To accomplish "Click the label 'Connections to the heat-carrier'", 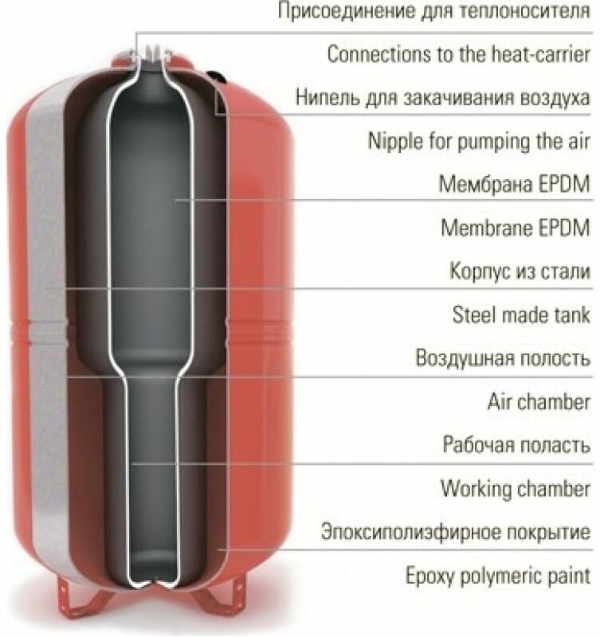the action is [x=458, y=55].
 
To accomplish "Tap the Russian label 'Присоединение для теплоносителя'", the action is [x=435, y=12].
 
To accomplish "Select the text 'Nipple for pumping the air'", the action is [x=478, y=141].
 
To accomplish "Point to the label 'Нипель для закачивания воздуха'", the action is [x=443, y=98].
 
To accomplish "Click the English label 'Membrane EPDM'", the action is [x=515, y=229].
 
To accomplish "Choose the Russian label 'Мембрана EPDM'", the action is [x=514, y=185].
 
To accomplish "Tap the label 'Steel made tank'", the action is [x=521, y=315].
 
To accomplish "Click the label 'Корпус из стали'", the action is [x=520, y=272].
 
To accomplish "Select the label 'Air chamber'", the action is [x=539, y=401].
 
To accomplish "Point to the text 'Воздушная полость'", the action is [x=502, y=358].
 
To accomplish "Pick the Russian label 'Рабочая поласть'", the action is [x=516, y=444].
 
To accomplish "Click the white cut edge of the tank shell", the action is [x=44, y=318].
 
